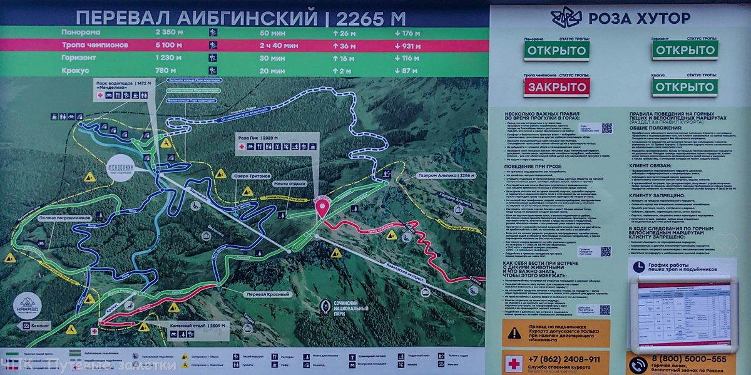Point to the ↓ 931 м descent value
[x=407, y=45]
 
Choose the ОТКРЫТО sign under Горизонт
[x=685, y=50]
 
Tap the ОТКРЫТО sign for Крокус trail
[x=685, y=86]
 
